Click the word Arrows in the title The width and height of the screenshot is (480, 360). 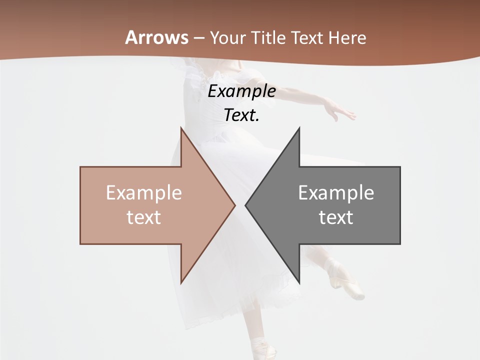coord(157,37)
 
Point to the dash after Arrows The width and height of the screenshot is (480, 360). coord(198,38)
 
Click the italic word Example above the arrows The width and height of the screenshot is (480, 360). coord(241,91)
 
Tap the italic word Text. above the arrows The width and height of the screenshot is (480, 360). coord(241,115)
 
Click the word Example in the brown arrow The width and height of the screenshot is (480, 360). coord(143,193)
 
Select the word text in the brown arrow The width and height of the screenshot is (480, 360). coord(143,217)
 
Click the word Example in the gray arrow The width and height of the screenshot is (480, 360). coord(336,193)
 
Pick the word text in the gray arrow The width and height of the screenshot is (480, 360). coord(336,217)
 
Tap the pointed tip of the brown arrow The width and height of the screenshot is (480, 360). coord(234,205)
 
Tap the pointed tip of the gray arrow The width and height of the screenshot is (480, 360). coord(246,205)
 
